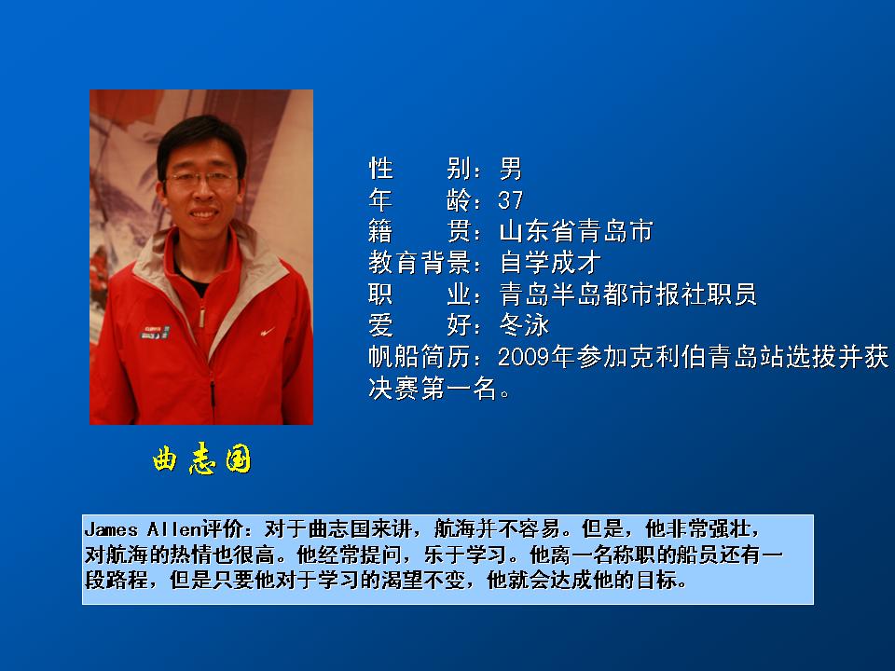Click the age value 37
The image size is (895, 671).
(510, 200)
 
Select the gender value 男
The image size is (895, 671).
(510, 169)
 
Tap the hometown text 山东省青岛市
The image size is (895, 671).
(576, 232)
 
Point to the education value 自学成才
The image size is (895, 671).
(550, 263)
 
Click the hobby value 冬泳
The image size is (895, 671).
(524, 326)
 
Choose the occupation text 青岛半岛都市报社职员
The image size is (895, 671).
(627, 294)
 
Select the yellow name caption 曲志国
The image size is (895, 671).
(201, 459)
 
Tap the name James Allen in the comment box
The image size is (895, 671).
(142, 529)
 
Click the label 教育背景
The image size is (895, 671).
(420, 263)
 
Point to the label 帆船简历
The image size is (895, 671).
(420, 357)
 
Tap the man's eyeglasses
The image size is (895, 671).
(202, 180)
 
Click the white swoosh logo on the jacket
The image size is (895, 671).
(268, 331)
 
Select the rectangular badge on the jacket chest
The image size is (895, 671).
(156, 333)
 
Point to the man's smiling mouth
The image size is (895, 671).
(204, 214)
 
